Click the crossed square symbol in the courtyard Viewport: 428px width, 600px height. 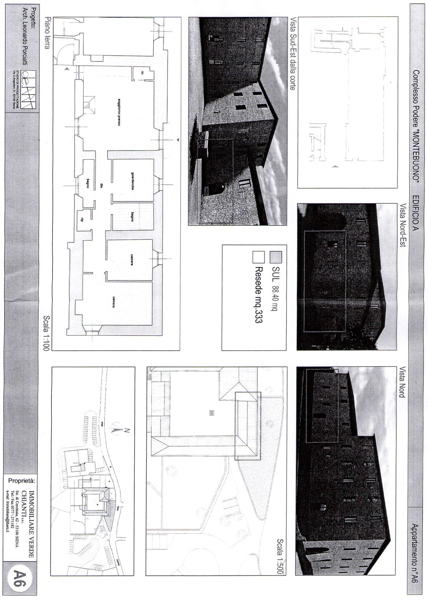click(x=212, y=412)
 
